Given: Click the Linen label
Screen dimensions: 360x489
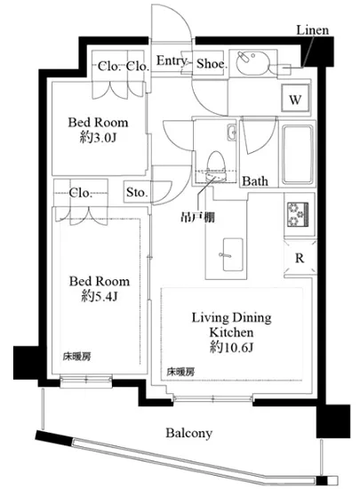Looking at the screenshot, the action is click(x=312, y=30).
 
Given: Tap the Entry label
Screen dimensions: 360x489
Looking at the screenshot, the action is click(x=172, y=60).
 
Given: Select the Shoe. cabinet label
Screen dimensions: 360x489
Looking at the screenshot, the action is click(x=211, y=64).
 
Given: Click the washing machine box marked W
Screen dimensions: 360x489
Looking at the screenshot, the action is click(x=295, y=99).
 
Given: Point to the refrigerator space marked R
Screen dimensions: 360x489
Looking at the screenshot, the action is click(x=300, y=258).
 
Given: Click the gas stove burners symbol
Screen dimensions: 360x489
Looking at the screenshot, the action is click(x=298, y=214).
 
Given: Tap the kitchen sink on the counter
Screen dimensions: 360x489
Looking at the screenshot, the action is click(x=233, y=255).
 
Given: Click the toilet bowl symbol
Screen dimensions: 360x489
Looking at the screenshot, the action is click(x=216, y=166).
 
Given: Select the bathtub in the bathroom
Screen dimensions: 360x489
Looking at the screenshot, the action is click(x=298, y=154).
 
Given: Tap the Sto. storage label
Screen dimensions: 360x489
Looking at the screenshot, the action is click(x=136, y=192).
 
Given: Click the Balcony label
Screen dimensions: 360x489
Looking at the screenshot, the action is click(x=188, y=433).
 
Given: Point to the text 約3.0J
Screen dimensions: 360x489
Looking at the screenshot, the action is click(x=98, y=137).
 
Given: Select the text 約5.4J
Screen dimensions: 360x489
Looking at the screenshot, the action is click(x=100, y=296).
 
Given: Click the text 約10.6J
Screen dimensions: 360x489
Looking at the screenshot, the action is click(x=231, y=347).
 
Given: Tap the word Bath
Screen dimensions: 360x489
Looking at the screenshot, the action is click(x=255, y=180).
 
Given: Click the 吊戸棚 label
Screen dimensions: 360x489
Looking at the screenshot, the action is click(x=198, y=217).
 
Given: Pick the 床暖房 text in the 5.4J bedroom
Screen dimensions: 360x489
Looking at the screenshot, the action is click(x=77, y=357).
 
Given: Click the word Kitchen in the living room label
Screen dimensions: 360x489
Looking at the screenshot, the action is click(x=231, y=333).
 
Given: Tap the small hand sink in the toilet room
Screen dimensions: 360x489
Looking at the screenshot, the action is click(x=231, y=132).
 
